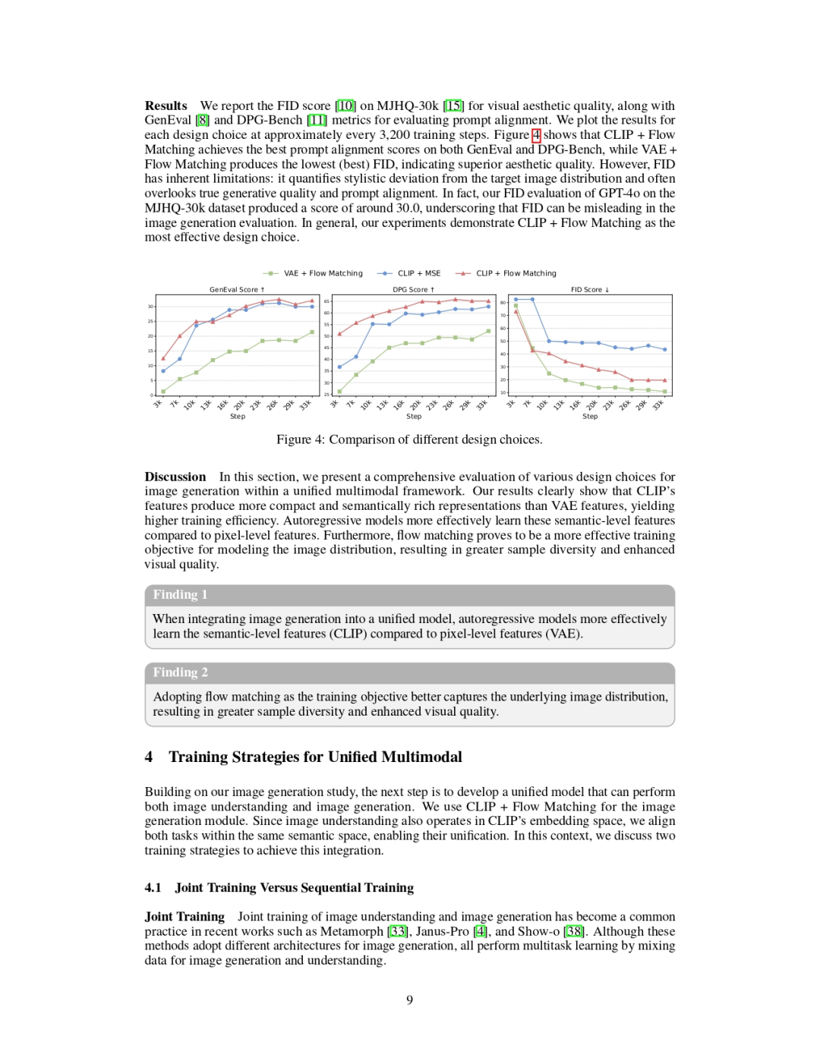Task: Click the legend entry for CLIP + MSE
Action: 418,273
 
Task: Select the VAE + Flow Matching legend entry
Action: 323,273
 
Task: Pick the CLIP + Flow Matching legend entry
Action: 516,273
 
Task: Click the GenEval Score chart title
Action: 237,290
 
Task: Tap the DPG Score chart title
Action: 413,290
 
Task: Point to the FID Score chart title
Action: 590,290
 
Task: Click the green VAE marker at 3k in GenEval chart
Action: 163,392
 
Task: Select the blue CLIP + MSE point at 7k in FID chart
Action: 532,300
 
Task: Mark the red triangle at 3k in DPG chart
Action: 339,333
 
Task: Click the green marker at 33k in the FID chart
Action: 665,392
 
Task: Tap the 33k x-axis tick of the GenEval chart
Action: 305,405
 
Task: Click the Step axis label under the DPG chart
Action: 414,417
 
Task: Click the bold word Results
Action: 166,106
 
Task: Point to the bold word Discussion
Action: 175,477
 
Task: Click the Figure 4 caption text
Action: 409,440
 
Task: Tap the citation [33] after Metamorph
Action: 398,931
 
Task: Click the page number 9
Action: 410,1000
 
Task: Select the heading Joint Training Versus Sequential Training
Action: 294,888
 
